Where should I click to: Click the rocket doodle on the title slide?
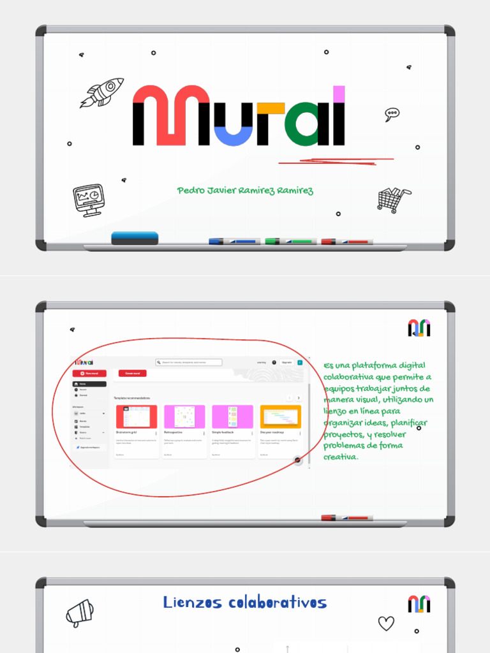(x=102, y=92)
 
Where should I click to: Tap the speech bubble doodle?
(x=392, y=115)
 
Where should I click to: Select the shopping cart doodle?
(x=393, y=199)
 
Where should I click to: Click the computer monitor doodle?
(x=89, y=200)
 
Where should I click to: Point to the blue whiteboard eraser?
(x=135, y=238)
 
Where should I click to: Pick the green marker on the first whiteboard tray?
(x=290, y=242)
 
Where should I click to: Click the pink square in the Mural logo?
(x=339, y=94)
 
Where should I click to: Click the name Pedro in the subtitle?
(x=192, y=191)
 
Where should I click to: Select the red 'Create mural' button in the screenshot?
(x=133, y=373)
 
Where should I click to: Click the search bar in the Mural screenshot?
(x=189, y=362)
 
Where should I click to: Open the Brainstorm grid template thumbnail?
(x=136, y=417)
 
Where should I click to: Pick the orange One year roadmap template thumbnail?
(x=280, y=417)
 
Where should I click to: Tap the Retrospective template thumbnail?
(x=184, y=417)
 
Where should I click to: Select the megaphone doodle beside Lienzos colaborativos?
(x=79, y=613)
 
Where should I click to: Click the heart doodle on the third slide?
(x=386, y=623)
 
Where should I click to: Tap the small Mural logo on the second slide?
(x=419, y=328)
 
